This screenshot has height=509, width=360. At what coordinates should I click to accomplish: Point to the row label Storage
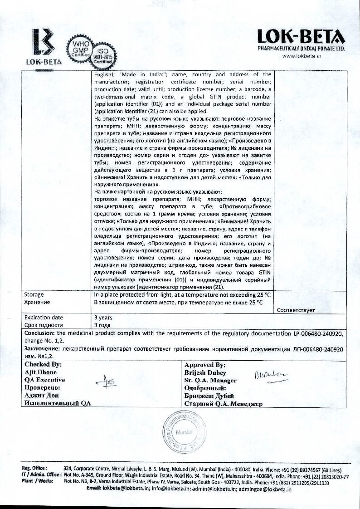click(34, 294)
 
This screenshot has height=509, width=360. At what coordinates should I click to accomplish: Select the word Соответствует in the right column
click(296, 310)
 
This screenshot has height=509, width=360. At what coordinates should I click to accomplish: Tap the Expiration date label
click(44, 318)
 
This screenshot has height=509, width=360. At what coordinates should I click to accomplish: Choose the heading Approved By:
click(205, 364)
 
